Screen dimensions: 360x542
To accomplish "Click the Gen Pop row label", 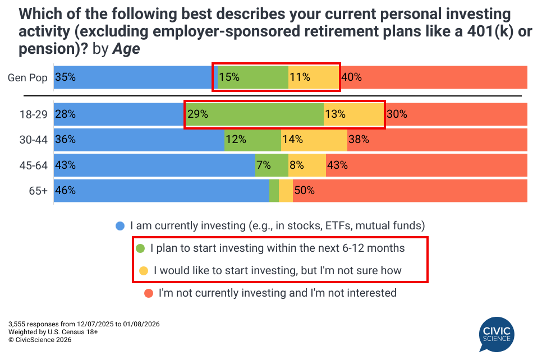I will click(27, 77).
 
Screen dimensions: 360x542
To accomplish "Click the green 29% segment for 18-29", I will click(254, 114).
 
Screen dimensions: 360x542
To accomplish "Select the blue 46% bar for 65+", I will click(162, 191).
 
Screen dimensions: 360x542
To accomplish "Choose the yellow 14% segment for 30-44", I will click(314, 140).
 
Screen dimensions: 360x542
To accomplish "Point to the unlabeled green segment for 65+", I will click(274, 191).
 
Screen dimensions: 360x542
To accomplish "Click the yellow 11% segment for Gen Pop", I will click(314, 77).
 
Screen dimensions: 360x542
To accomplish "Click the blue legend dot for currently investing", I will click(120, 227).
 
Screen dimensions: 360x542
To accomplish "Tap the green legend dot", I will click(140, 248).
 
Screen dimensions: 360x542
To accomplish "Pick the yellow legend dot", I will click(144, 271).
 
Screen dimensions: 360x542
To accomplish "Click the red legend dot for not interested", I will click(149, 293).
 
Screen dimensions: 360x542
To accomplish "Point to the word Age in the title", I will click(126, 49).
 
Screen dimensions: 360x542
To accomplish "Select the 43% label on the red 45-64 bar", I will click(338, 165).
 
